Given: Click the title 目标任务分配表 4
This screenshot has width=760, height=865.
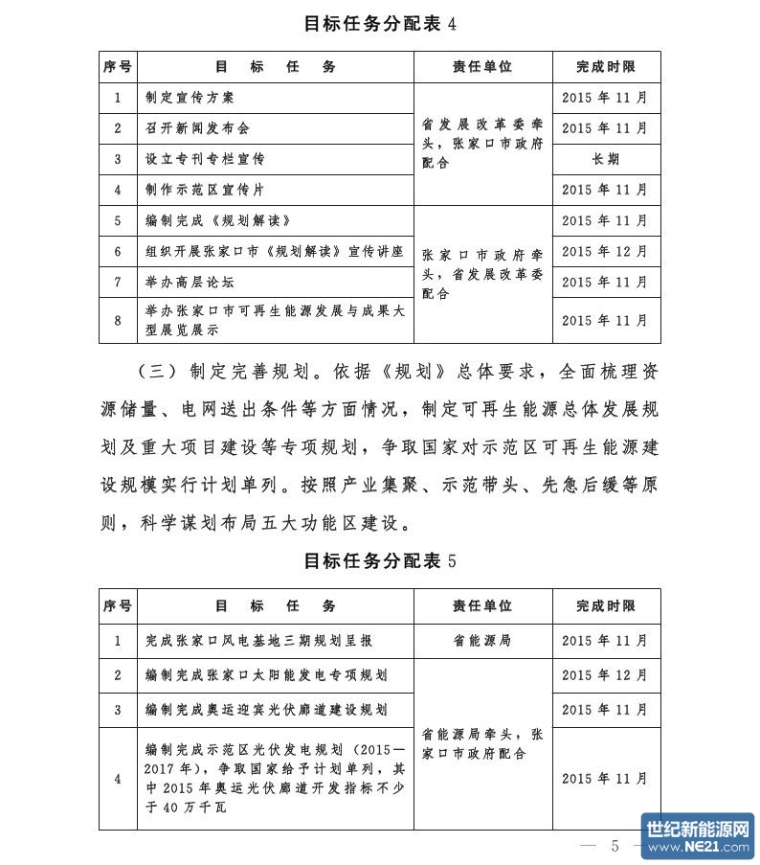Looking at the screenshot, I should [x=380, y=23].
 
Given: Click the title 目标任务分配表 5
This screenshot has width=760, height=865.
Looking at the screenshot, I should [x=380, y=561].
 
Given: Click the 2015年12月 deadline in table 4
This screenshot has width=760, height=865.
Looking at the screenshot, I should [x=606, y=251].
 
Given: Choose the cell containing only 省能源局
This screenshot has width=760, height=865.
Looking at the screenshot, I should [x=482, y=640].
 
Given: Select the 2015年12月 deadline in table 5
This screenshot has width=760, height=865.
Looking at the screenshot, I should [x=606, y=675].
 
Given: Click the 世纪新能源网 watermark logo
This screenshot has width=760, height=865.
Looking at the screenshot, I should [x=698, y=836].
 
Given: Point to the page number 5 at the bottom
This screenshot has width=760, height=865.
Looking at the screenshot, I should [x=616, y=845].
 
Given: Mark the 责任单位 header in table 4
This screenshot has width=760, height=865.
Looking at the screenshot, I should [x=482, y=67].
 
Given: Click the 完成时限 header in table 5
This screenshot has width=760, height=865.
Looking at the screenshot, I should [x=606, y=606].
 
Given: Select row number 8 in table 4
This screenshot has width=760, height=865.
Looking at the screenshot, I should [x=118, y=321].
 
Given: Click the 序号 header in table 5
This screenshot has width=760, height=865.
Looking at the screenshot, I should [x=118, y=606].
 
